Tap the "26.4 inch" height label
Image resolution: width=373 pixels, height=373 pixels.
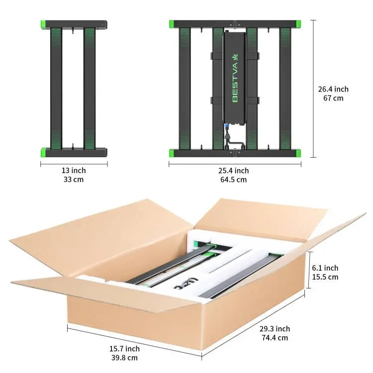tap(333, 90)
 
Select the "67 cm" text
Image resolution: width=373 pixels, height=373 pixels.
tap(333, 98)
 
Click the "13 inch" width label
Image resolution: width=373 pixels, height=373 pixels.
tap(74, 171)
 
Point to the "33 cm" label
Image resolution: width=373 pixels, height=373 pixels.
tap(74, 180)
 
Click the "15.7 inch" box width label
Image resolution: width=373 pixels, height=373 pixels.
tap(125, 349)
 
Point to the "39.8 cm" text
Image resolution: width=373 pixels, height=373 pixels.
tap(125, 358)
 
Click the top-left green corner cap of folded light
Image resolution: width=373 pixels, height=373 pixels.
tap(43, 24)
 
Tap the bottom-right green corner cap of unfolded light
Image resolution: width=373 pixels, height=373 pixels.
tap(297, 152)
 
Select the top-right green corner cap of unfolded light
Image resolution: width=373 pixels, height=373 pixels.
tap(297, 23)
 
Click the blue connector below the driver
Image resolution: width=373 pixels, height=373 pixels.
tap(226, 127)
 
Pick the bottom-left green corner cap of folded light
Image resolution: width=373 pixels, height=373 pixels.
tap(43, 151)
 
